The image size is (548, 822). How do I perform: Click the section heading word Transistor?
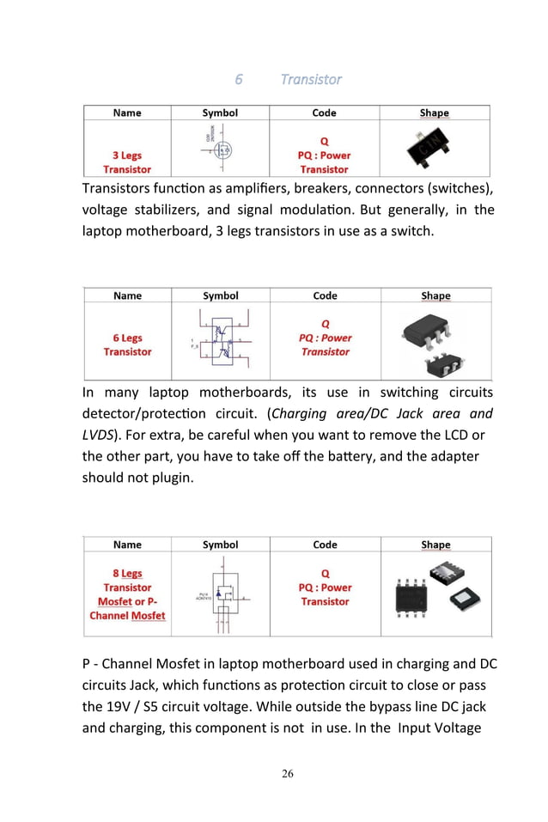(311, 79)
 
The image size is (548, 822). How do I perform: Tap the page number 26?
(287, 774)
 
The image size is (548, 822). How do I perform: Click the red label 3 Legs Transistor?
(127, 162)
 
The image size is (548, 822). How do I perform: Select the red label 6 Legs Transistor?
(127, 344)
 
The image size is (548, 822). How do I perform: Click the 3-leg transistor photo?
(435, 151)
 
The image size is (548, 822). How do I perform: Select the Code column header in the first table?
(324, 113)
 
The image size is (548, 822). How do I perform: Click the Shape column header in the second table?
(435, 295)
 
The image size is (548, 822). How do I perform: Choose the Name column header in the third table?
(127, 545)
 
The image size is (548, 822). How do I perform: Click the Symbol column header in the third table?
(220, 545)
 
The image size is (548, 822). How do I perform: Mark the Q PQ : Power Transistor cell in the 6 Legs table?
(325, 338)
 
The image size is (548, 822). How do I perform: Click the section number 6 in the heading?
(239, 79)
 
